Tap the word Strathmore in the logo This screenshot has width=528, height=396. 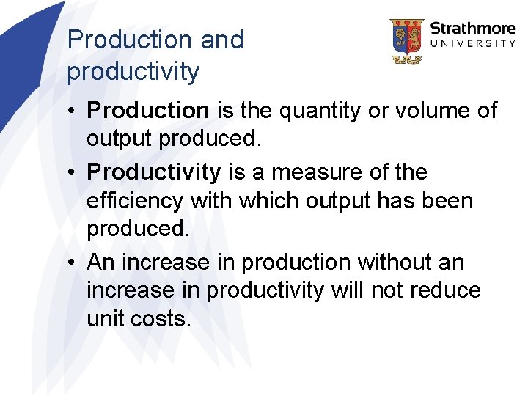point(472,29)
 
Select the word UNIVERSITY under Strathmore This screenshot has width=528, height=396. point(472,44)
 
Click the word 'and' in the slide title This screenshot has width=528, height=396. point(221,40)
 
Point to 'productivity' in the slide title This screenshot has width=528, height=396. point(133,71)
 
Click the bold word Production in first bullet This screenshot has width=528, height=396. point(148,111)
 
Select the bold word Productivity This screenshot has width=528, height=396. point(153,172)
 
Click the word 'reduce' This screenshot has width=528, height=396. point(447,290)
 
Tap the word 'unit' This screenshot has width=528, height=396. point(105,318)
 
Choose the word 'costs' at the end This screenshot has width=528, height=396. point(163,318)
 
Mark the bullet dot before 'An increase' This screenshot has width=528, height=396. point(73,263)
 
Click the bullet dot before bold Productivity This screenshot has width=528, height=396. point(73,173)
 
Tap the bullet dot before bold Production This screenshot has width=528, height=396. point(73,111)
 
